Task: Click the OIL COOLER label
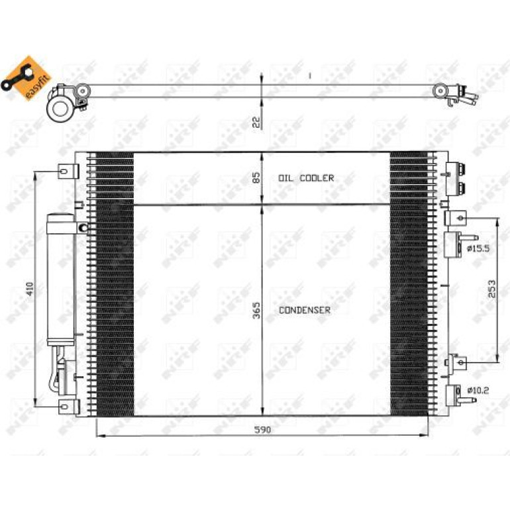coord(306,178)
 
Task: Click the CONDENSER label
coord(305,310)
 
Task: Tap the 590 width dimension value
coord(262,430)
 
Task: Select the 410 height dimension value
coord(30,289)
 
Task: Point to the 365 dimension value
coord(257,310)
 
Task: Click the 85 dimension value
coord(257,178)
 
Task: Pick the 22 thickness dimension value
coord(257,122)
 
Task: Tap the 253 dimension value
coord(491,289)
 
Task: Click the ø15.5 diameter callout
coord(478,249)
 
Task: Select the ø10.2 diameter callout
coord(478,390)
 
